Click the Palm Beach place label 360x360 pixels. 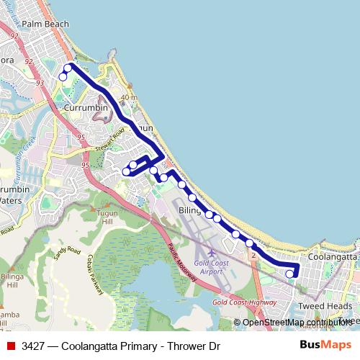[45, 24]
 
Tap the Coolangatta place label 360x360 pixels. [332, 256]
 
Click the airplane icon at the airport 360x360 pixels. [211, 252]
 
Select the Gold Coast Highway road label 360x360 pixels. [245, 302]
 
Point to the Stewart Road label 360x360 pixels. [109, 137]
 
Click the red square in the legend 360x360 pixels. [11, 346]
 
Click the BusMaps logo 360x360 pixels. [325, 345]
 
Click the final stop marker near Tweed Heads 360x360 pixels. [289, 274]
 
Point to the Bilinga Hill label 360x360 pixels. [12, 280]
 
